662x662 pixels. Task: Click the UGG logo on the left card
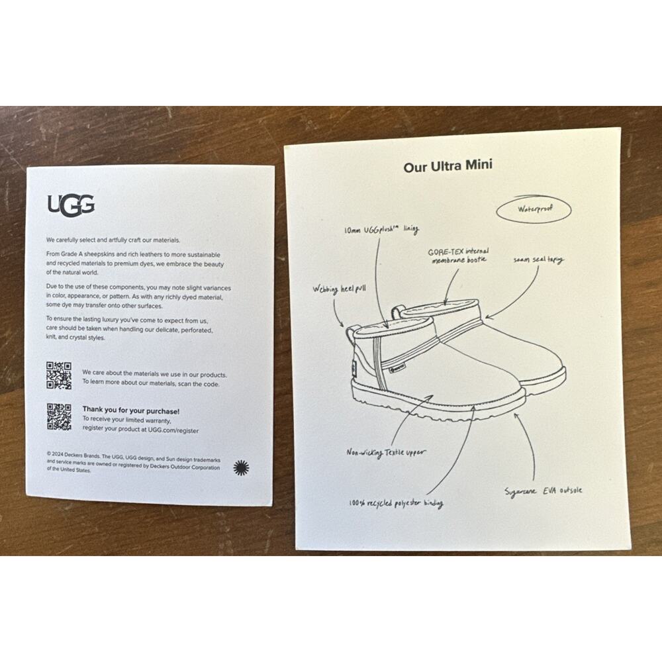click(x=71, y=205)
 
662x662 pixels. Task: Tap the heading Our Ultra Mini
click(x=448, y=165)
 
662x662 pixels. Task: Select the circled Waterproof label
click(x=534, y=209)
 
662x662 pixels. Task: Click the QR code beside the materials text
click(x=59, y=375)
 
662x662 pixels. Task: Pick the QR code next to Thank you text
click(x=59, y=416)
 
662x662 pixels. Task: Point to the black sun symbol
click(x=241, y=468)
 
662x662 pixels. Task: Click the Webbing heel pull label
click(x=339, y=290)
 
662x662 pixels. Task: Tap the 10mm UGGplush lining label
click(x=381, y=229)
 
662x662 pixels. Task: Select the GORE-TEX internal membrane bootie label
click(x=459, y=256)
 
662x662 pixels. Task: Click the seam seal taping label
click(x=538, y=260)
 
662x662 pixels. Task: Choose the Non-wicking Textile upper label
click(x=386, y=453)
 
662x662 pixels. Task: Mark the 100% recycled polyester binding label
click(x=396, y=503)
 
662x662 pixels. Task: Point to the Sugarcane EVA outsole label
click(x=544, y=491)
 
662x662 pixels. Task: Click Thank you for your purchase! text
click(x=131, y=411)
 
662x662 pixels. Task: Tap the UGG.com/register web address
click(x=173, y=430)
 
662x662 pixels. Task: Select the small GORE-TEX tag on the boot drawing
click(x=397, y=368)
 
